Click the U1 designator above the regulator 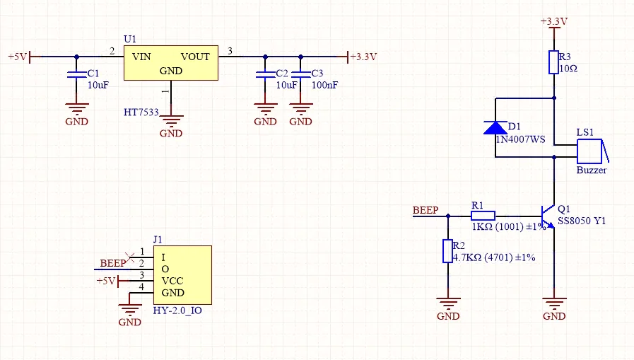tap(130, 39)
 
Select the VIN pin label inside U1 tap(141, 57)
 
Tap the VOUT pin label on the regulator tap(195, 57)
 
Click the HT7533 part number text tap(141, 112)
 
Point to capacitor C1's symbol tap(76, 74)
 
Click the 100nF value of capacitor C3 tap(324, 85)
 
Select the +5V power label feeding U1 tap(18, 57)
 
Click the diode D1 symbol tap(495, 128)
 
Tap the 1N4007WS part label tap(521, 139)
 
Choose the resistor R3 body tap(554, 62)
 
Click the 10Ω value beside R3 tap(568, 69)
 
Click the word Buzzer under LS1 tap(592, 170)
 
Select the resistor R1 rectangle tap(483, 216)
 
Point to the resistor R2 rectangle tap(447, 251)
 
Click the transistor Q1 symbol tap(548, 216)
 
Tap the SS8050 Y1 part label tap(582, 221)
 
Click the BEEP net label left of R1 tap(425, 210)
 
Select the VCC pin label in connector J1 tap(172, 281)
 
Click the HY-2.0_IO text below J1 tap(177, 310)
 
